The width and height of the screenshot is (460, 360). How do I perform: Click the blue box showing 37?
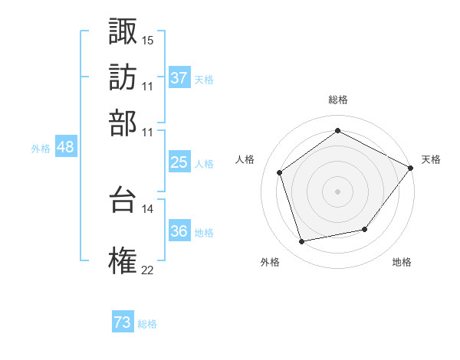(179, 78)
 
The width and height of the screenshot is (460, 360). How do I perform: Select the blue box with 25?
(179, 162)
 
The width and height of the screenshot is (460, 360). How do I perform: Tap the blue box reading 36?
(179, 232)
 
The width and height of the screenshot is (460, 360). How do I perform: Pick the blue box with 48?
(66, 148)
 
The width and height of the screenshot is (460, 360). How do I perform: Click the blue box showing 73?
(123, 323)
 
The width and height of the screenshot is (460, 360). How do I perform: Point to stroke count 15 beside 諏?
(148, 39)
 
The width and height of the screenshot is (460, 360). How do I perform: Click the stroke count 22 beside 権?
(148, 269)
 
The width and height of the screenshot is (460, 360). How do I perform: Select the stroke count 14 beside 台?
(148, 208)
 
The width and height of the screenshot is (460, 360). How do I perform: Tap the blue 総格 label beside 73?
(147, 324)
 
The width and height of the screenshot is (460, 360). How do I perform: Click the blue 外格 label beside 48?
(41, 149)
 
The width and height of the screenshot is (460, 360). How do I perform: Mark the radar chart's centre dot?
(337, 191)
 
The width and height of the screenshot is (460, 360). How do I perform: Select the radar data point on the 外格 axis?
(302, 242)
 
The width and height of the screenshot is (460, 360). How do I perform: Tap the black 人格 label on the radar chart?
(246, 159)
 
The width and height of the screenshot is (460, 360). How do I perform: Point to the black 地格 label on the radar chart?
(402, 262)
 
